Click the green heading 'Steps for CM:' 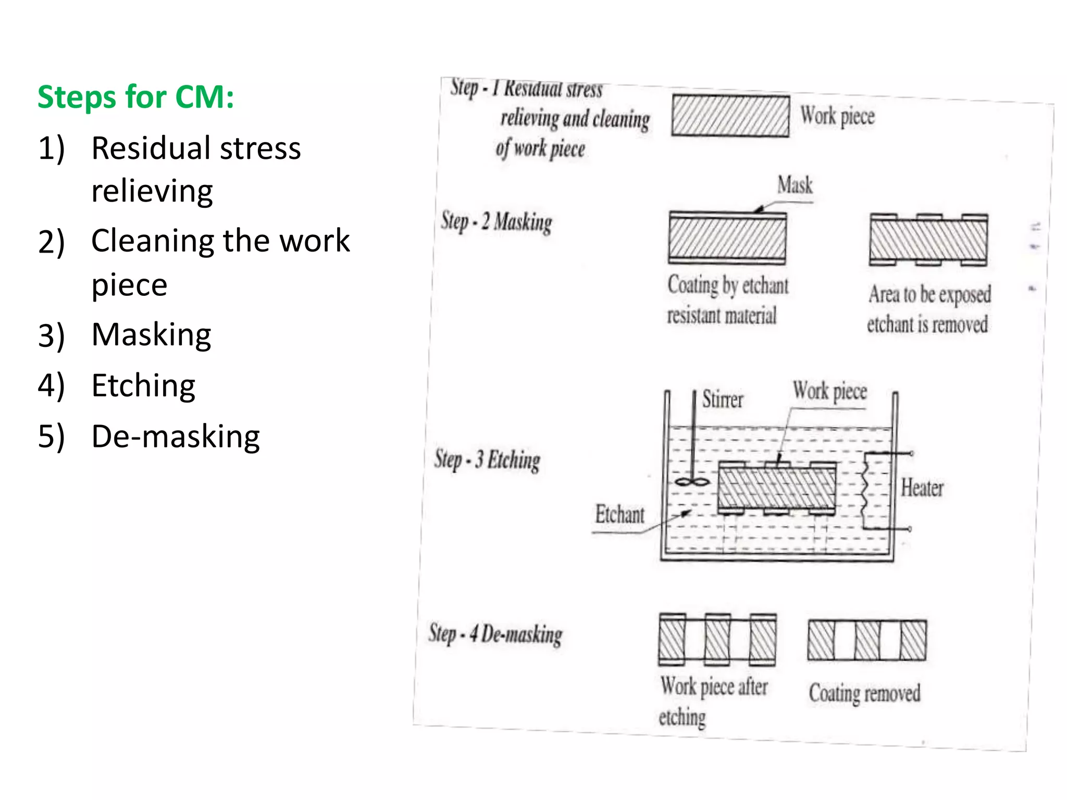[136, 97]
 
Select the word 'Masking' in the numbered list [151, 334]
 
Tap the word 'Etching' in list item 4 [143, 385]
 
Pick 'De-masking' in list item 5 [176, 436]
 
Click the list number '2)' [51, 242]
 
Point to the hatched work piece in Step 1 [730, 116]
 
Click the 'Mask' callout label [795, 185]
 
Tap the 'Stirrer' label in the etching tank [722, 399]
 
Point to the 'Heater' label [922, 488]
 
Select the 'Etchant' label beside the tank [619, 515]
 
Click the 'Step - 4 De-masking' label [495, 634]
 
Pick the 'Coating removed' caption [864, 693]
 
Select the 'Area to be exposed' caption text [929, 295]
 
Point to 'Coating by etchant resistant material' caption [727, 300]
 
